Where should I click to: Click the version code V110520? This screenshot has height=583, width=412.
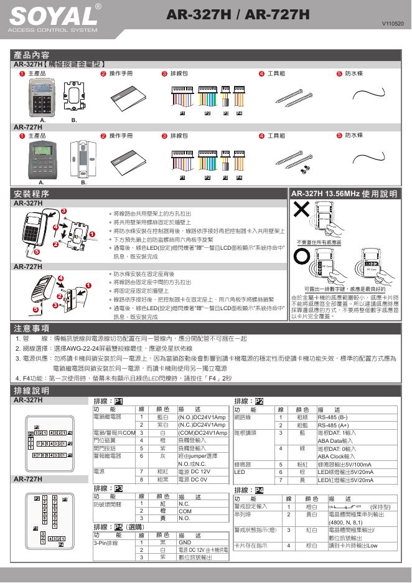click(x=393, y=24)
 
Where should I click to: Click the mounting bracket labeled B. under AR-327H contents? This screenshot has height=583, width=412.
click(x=74, y=96)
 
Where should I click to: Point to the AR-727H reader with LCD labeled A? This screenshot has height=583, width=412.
click(x=42, y=159)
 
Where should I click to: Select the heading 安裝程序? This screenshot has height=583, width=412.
click(x=32, y=194)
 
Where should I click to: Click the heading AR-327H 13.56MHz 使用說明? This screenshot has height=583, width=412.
click(x=344, y=194)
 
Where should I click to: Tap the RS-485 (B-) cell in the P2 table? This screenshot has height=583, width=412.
click(x=334, y=417)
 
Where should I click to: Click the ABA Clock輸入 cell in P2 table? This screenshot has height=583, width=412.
click(x=337, y=456)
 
